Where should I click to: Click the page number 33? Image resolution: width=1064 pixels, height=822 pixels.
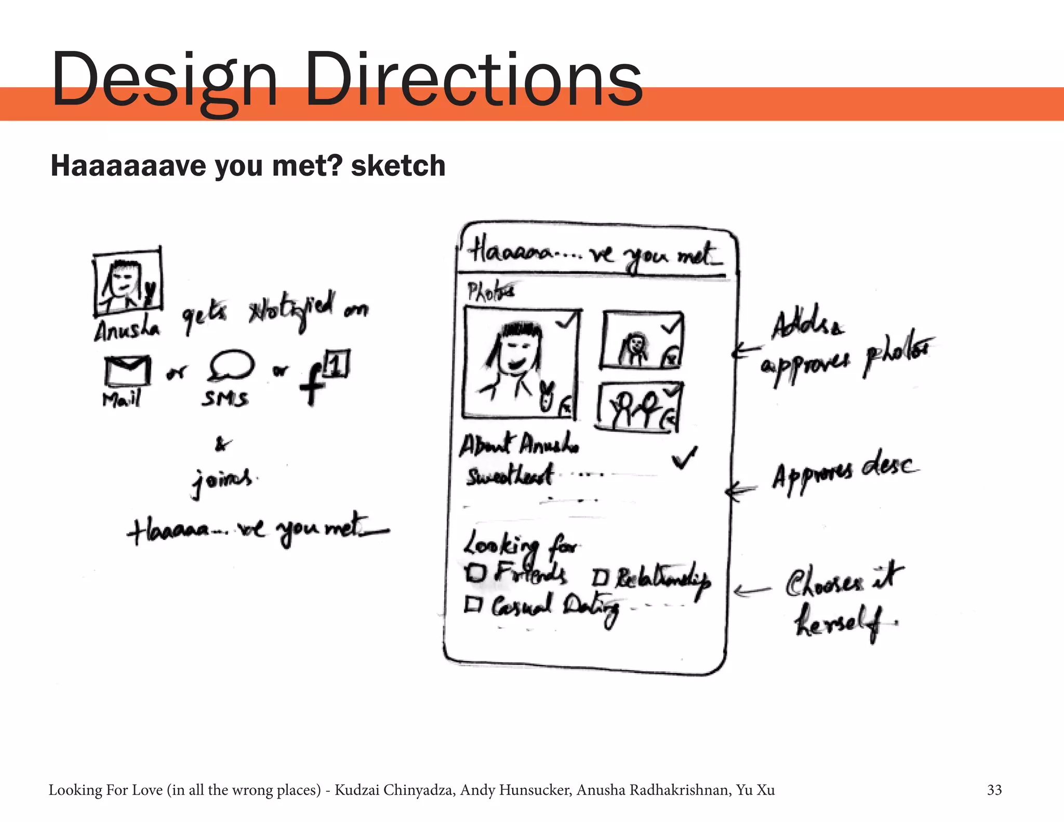tap(994, 790)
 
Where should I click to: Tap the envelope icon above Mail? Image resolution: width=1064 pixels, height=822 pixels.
tap(127, 370)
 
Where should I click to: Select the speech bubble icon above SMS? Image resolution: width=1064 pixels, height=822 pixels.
tap(231, 365)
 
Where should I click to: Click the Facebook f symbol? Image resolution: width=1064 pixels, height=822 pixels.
tap(312, 383)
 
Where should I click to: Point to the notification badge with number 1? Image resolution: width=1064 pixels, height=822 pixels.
tap(336, 364)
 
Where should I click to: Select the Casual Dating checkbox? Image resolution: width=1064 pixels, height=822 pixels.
tap(473, 604)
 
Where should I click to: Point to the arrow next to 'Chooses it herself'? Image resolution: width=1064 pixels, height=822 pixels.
tap(752, 591)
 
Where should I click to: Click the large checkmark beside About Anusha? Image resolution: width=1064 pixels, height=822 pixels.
tap(685, 457)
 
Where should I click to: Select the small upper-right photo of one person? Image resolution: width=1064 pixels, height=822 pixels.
tap(642, 340)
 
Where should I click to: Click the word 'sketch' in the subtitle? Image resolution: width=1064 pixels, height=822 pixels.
tap(398, 166)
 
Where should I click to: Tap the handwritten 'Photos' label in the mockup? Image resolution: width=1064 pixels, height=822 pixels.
tap(490, 291)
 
